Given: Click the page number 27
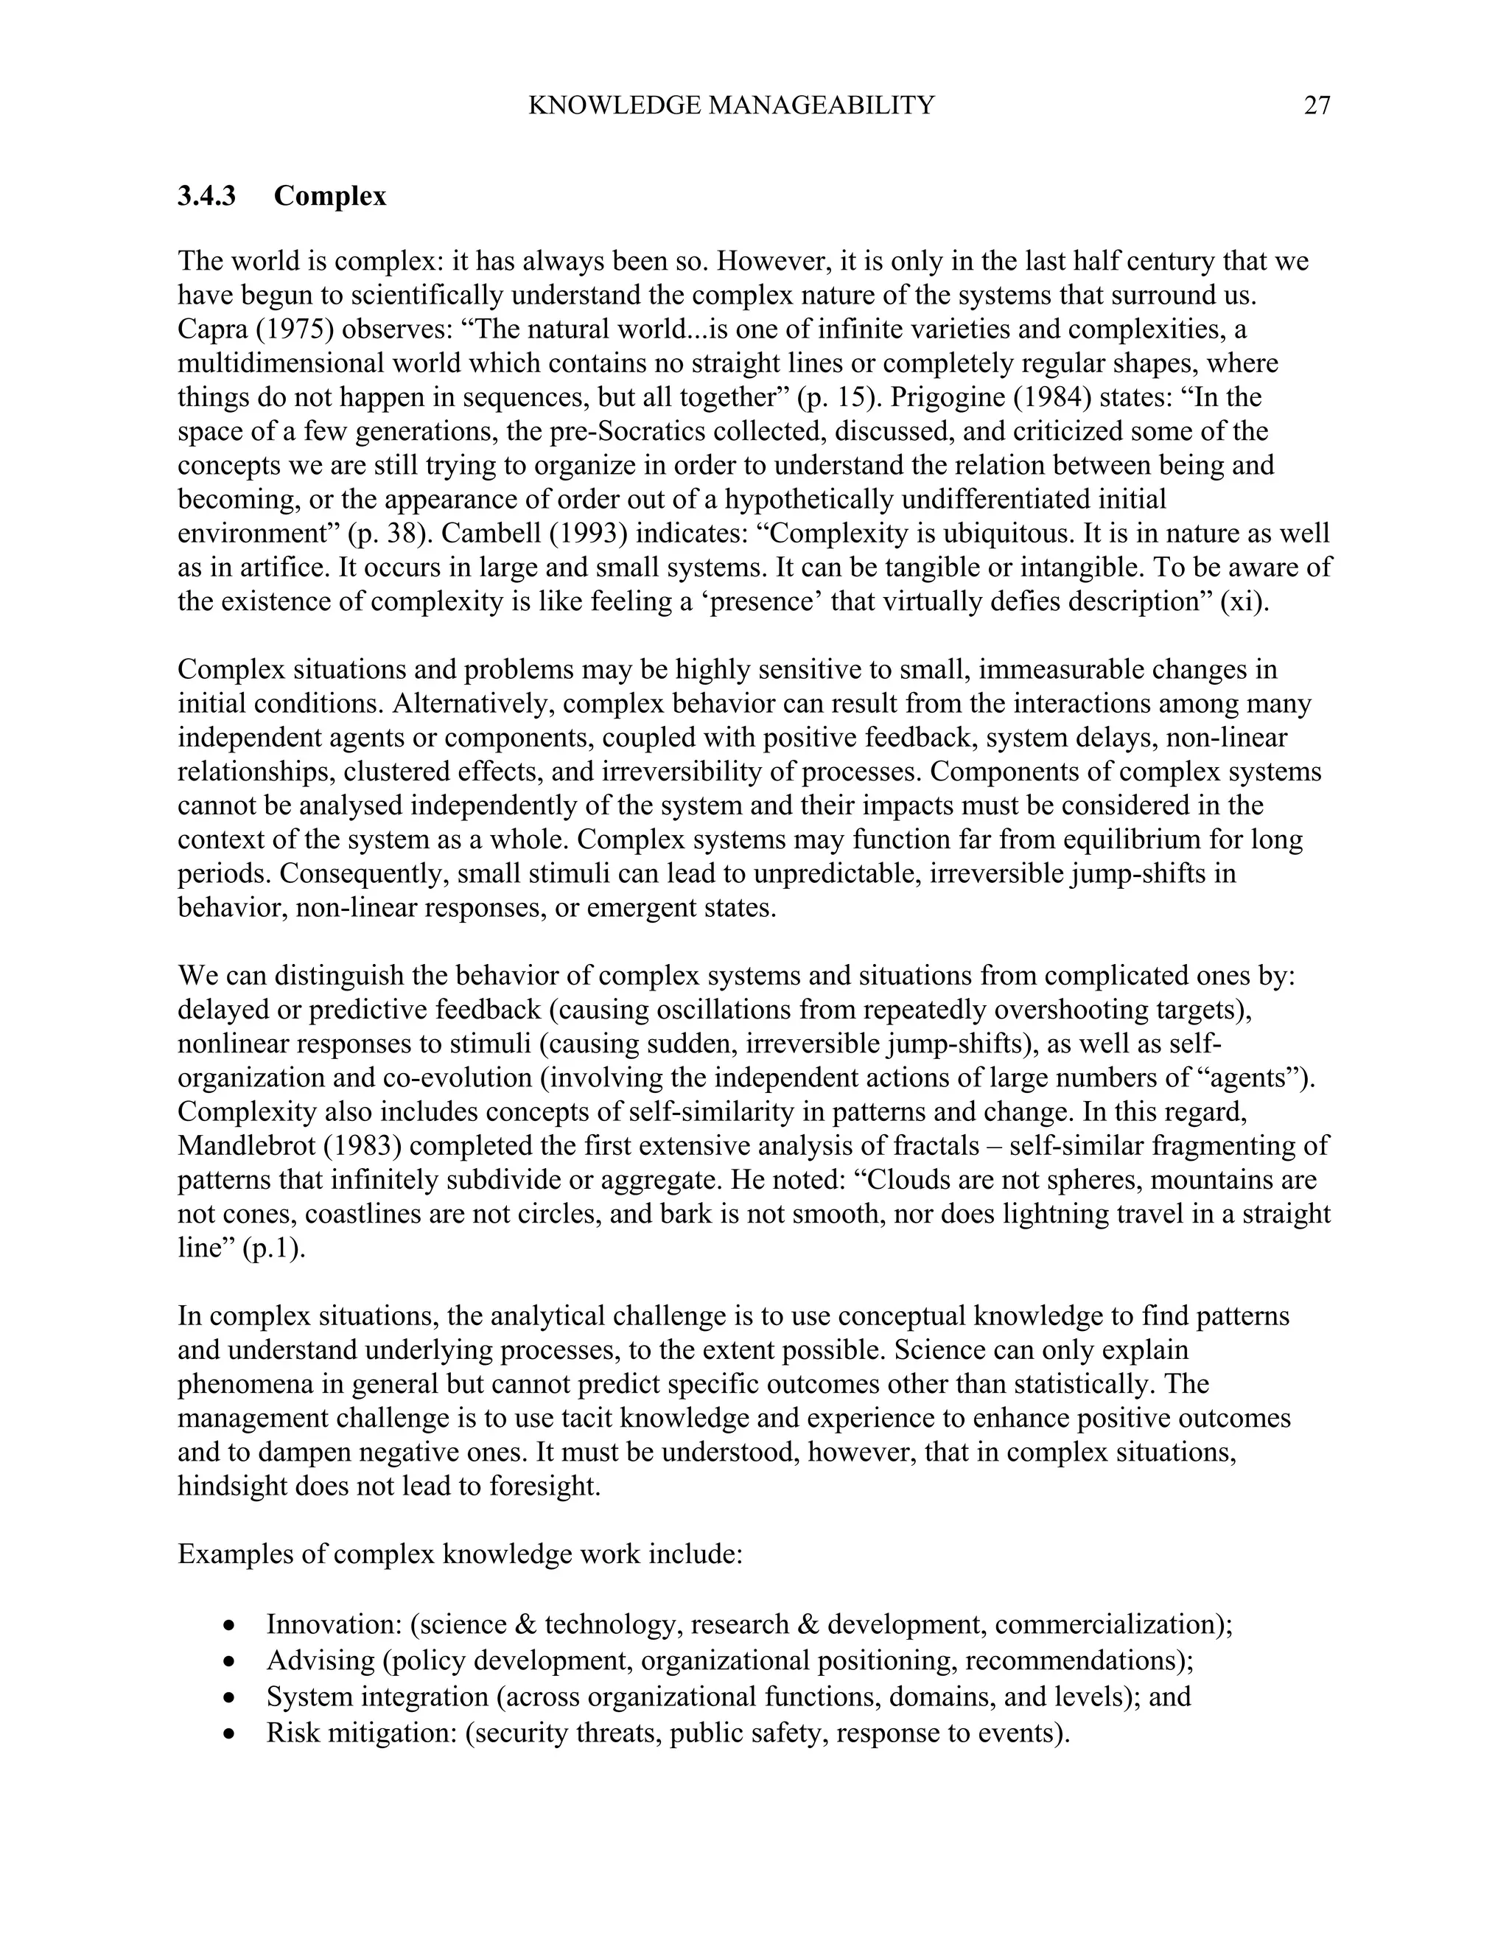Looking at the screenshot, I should [1317, 106].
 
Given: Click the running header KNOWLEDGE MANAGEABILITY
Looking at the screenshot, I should [730, 106].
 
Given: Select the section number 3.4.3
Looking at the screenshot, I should [206, 196].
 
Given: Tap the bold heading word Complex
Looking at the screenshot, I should [330, 196].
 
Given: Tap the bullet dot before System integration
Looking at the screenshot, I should [231, 1697].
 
